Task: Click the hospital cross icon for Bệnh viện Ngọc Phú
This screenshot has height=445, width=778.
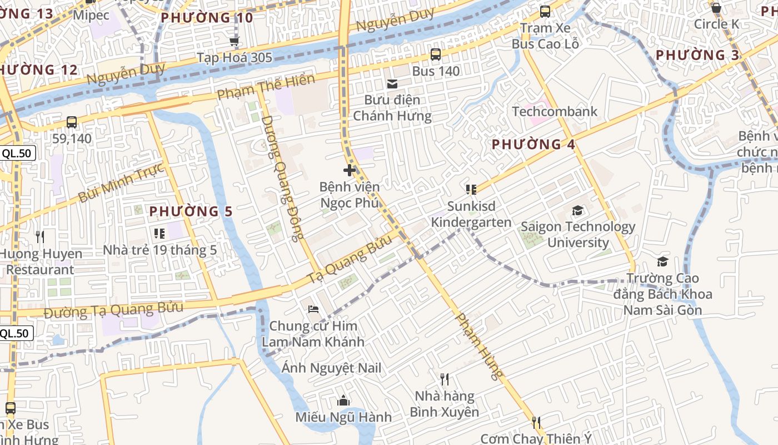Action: pos(350,170)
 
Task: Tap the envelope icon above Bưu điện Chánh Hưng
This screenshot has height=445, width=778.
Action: pos(392,84)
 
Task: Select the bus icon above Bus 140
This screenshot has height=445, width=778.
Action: pos(436,55)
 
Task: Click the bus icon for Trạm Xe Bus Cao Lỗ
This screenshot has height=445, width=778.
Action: pos(545,12)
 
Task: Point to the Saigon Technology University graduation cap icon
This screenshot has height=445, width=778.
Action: pos(578,211)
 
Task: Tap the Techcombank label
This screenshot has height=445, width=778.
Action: pos(554,111)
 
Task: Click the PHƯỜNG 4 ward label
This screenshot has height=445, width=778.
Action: pos(533,145)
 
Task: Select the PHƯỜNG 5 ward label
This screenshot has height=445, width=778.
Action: pos(191,211)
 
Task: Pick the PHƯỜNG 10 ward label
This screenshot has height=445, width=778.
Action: pos(207,18)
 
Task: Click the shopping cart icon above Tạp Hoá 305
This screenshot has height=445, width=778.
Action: pos(235,42)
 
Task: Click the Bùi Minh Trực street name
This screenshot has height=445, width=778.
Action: pos(121,183)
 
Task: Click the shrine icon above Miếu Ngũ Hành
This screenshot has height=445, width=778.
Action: pos(343,400)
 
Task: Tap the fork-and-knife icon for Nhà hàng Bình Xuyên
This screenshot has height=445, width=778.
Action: pos(445,379)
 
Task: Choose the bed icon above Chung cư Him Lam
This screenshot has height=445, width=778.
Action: pos(313,309)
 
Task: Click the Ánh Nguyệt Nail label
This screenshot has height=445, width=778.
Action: pos(331,368)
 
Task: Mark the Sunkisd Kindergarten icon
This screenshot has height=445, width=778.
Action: pos(471,190)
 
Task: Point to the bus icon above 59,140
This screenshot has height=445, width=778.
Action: pos(72,122)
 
